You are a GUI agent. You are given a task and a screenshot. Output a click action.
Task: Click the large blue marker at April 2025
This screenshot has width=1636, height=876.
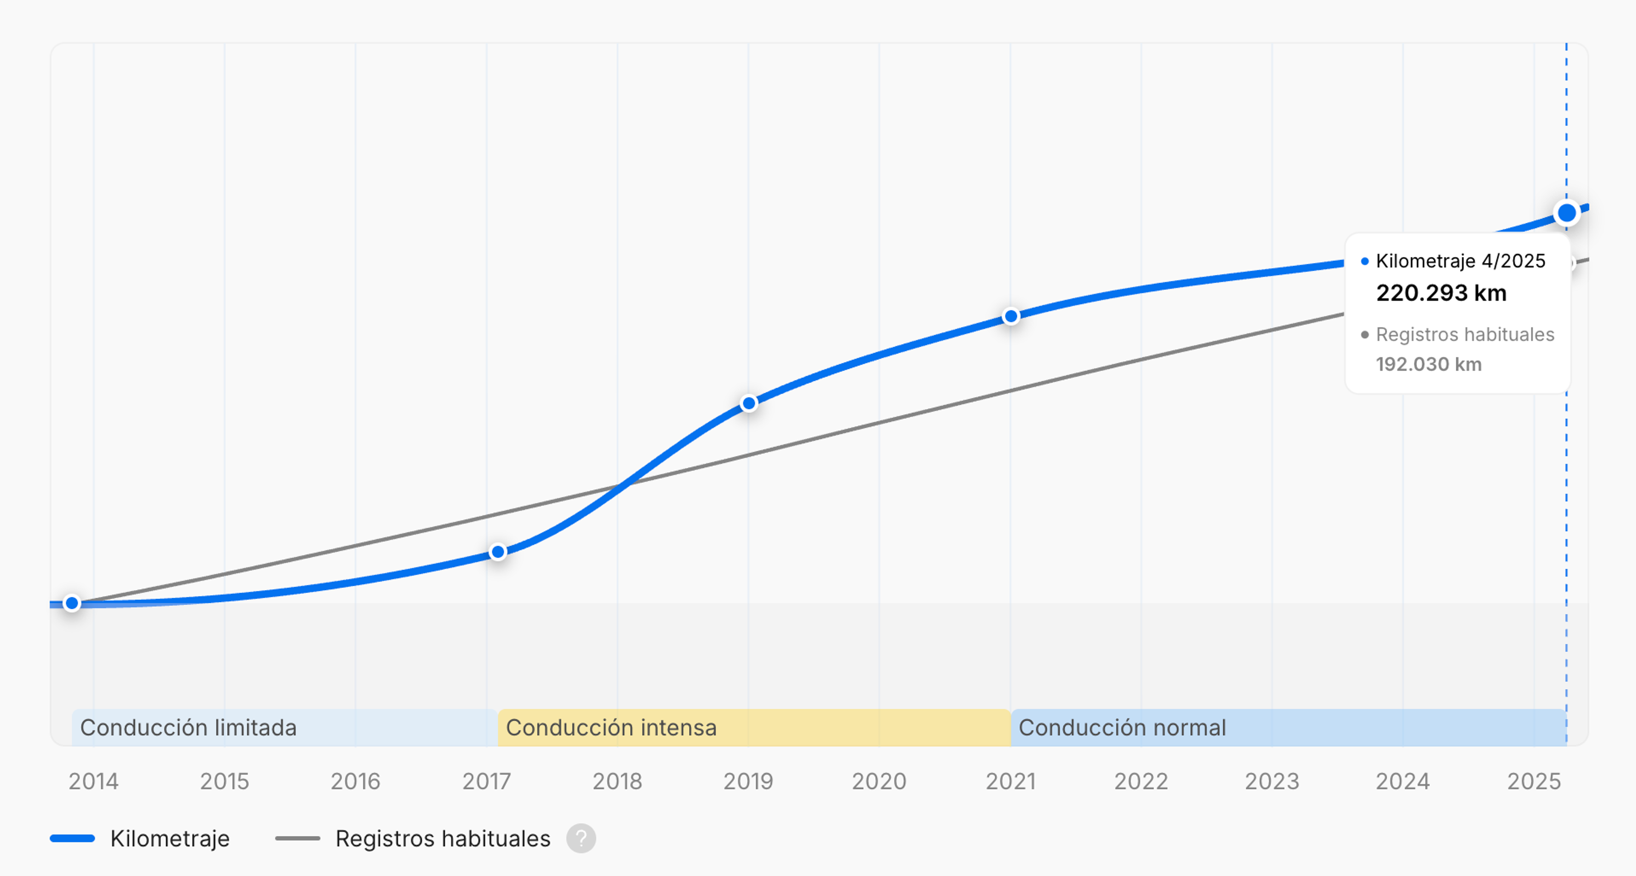1566,213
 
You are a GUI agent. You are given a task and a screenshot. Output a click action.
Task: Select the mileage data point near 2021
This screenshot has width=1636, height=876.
1011,316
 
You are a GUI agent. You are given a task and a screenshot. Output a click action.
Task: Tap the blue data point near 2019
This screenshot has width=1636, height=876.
749,403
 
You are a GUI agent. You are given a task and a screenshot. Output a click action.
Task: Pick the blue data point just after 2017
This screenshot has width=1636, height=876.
498,552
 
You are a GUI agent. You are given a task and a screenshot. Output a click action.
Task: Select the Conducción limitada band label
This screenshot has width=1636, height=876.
188,727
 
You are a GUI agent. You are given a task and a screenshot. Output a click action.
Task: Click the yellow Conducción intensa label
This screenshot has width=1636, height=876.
611,727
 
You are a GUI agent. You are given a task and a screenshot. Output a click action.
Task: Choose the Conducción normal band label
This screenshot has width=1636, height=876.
1122,727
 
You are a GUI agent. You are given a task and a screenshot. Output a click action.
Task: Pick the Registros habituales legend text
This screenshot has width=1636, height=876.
443,839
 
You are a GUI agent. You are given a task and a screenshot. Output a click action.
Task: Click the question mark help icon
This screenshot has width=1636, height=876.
580,839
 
